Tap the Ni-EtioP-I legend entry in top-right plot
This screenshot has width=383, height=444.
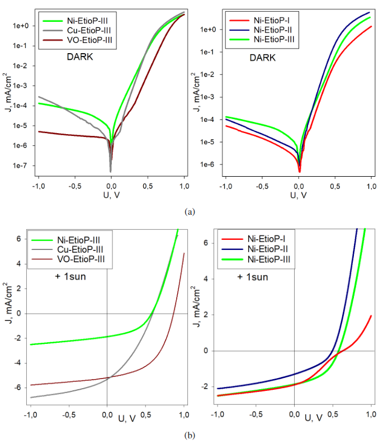(x=269, y=19)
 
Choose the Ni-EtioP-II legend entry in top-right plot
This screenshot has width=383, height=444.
(x=269, y=29)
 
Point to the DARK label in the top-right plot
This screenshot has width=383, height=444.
(x=262, y=57)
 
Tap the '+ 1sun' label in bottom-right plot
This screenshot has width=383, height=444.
(x=252, y=276)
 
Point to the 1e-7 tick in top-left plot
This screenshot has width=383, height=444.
(x=21, y=166)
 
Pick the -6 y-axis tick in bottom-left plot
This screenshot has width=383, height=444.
(x=20, y=388)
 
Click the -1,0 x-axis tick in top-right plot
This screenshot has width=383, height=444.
(x=225, y=186)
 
